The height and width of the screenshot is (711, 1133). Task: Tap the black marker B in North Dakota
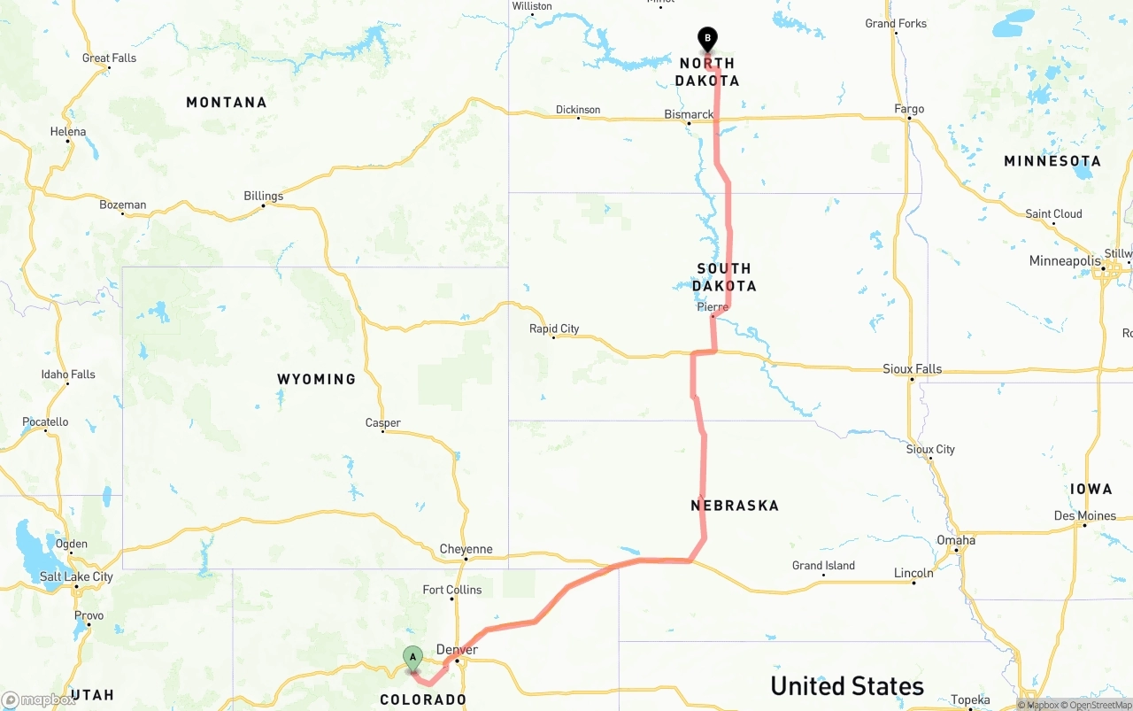click(x=707, y=39)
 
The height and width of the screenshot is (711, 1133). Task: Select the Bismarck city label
click(x=689, y=114)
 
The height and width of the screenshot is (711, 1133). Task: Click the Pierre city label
click(x=713, y=307)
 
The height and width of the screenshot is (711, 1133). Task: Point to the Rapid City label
click(x=554, y=328)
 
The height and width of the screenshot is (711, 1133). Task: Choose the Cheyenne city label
click(x=466, y=549)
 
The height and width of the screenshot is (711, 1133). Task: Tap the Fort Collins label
click(x=452, y=590)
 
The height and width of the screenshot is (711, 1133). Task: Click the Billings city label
click(x=264, y=196)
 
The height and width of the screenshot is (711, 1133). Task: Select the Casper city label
click(x=383, y=422)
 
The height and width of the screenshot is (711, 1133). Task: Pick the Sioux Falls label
click(x=912, y=368)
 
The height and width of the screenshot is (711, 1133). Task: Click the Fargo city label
click(x=909, y=109)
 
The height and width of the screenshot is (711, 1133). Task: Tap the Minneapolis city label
click(x=1065, y=261)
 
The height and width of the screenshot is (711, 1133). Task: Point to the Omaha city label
click(x=956, y=540)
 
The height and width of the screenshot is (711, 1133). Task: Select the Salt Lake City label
click(x=76, y=576)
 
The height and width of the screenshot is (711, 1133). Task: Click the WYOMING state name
click(x=316, y=379)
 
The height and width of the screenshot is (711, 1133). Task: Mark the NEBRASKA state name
click(x=735, y=506)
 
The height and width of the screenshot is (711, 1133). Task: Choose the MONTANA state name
click(x=226, y=103)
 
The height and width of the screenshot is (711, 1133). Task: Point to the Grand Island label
click(x=823, y=566)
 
